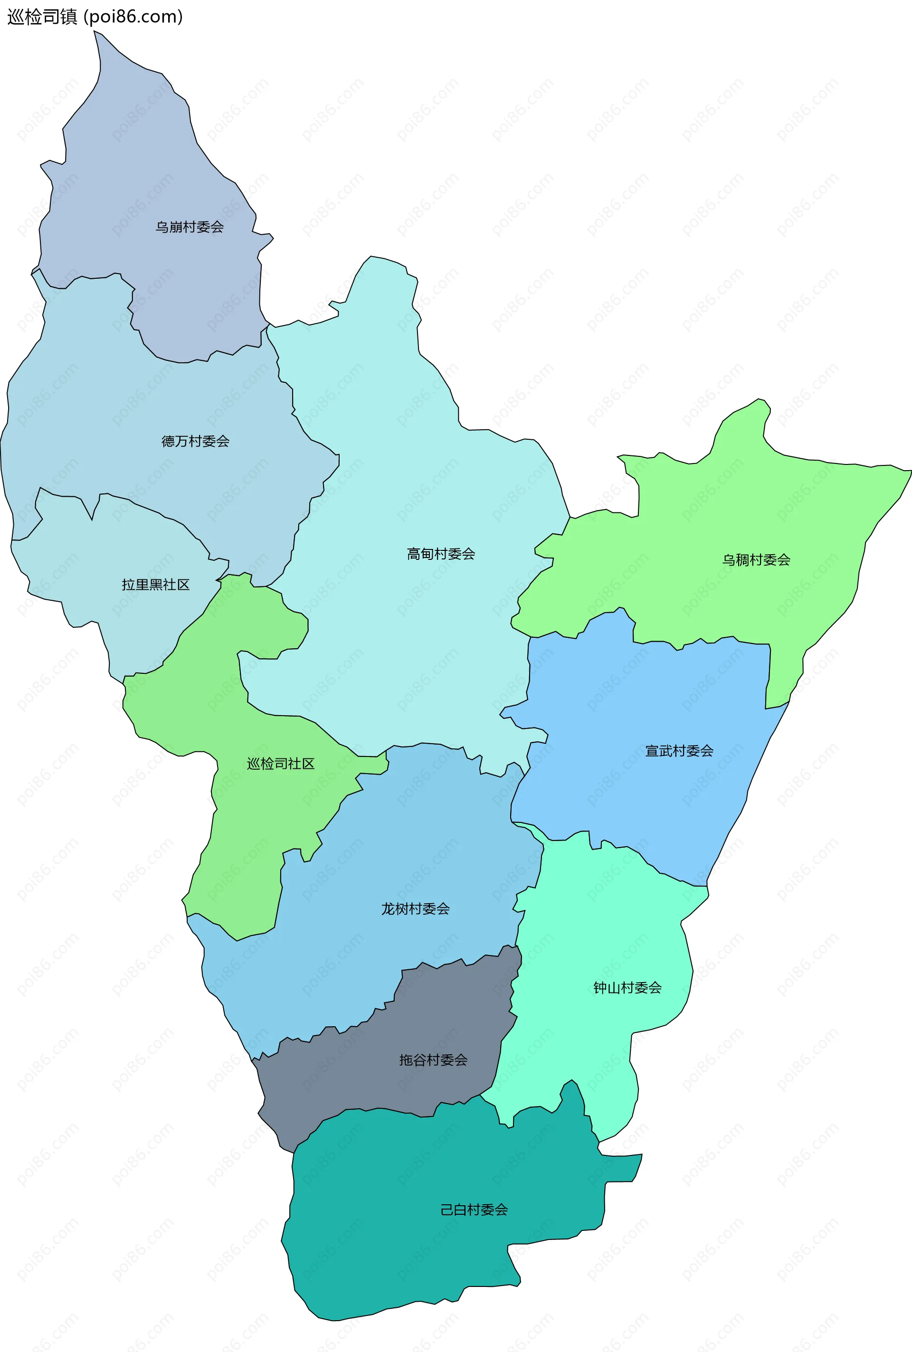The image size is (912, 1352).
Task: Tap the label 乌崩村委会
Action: point(189,227)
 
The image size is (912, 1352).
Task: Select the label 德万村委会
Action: point(195,441)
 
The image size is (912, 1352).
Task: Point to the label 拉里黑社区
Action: point(155,585)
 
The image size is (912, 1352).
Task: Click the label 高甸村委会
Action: point(441,554)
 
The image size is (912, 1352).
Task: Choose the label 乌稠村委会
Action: point(756,559)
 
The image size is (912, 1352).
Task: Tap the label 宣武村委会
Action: point(679,751)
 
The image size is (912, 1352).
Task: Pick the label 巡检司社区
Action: point(280,764)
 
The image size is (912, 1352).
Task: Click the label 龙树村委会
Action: point(415,908)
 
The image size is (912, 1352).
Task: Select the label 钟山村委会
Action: point(627,987)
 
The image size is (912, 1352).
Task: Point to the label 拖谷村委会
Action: point(433,1059)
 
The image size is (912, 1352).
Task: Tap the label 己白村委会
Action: point(474,1210)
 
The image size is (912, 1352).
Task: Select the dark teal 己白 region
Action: point(407,1250)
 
